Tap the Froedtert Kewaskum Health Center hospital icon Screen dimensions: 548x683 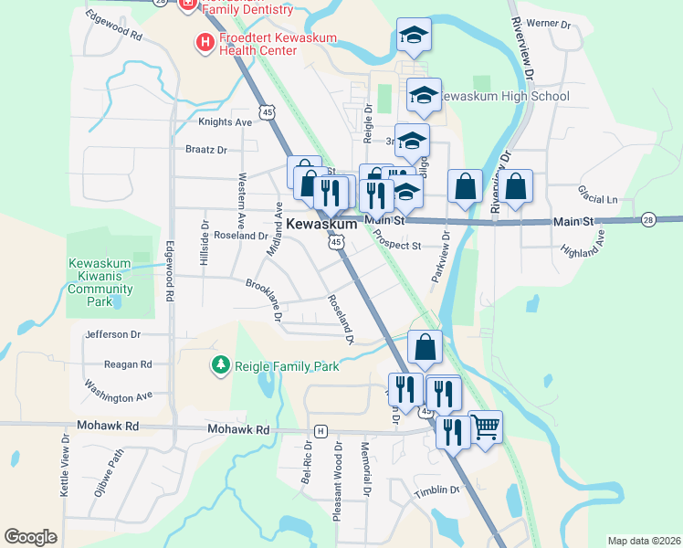click(x=205, y=41)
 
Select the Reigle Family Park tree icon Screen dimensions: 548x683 click(x=220, y=366)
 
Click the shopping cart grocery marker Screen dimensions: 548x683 click(x=486, y=426)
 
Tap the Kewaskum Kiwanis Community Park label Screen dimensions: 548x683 click(x=101, y=282)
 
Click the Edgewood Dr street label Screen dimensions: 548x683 click(x=113, y=25)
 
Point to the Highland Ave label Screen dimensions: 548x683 click(x=583, y=244)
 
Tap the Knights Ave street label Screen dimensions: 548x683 click(x=225, y=121)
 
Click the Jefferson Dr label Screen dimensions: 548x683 click(x=113, y=335)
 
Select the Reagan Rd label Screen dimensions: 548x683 click(x=128, y=364)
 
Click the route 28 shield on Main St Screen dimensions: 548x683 click(x=648, y=220)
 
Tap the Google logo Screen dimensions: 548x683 click(x=30, y=536)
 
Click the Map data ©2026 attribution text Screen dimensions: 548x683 click(x=644, y=541)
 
